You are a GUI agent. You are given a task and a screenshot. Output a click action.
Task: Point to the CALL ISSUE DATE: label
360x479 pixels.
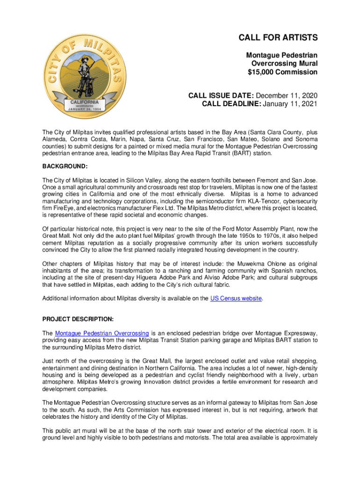point(221,95)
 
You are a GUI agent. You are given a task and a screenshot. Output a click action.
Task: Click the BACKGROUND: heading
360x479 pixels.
point(65,167)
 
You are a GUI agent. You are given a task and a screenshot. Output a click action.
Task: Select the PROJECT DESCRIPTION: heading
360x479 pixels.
point(78,319)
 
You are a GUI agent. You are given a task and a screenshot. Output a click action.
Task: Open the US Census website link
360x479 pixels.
point(236,298)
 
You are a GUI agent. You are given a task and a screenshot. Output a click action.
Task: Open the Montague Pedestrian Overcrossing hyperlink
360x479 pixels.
point(102,334)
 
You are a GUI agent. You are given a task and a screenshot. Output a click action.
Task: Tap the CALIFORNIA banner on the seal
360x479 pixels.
point(85,102)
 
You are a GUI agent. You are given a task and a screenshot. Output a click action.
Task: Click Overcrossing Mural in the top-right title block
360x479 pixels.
point(284,64)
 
